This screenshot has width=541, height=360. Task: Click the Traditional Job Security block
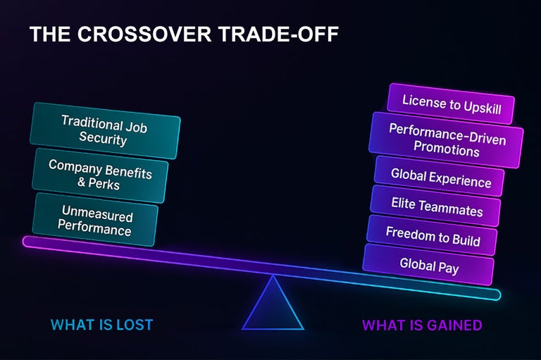[x=104, y=130]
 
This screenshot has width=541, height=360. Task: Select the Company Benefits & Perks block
[x=99, y=175]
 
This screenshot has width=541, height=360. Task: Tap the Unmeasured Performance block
[x=96, y=219]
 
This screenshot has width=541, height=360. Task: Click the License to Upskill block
[x=450, y=103]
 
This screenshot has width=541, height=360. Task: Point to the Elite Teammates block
[x=436, y=207]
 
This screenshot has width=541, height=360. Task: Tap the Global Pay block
[x=428, y=265]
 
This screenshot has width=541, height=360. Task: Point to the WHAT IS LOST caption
[x=101, y=325]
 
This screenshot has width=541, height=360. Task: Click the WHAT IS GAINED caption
[x=422, y=325]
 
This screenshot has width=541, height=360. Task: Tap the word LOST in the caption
[x=133, y=325]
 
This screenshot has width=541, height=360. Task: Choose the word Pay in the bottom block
[x=448, y=267]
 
